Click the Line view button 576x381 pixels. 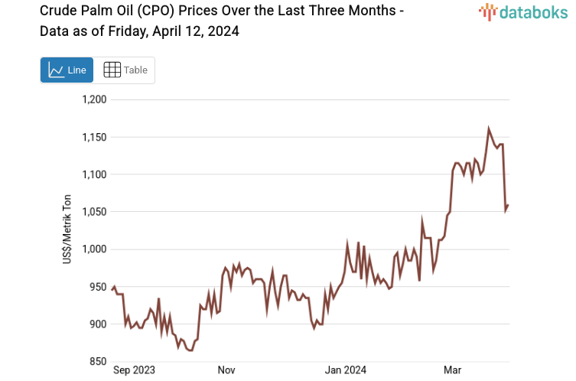point(67,70)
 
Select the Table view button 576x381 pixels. point(125,70)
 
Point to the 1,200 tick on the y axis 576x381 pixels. point(94,99)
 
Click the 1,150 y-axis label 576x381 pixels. point(94,137)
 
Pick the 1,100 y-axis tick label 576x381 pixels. point(94,174)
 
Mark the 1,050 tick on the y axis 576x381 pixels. point(94,212)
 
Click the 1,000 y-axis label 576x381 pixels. point(94,249)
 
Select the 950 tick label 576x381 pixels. point(98,287)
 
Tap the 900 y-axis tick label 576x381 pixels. point(98,324)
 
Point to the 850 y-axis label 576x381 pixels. point(98,362)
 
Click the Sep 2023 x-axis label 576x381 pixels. point(134,370)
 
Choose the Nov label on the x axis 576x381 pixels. point(226,370)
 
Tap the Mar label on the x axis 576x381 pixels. point(452,370)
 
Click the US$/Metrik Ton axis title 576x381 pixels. point(67,230)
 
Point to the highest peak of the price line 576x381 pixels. point(489,129)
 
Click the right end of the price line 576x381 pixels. point(508,205)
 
